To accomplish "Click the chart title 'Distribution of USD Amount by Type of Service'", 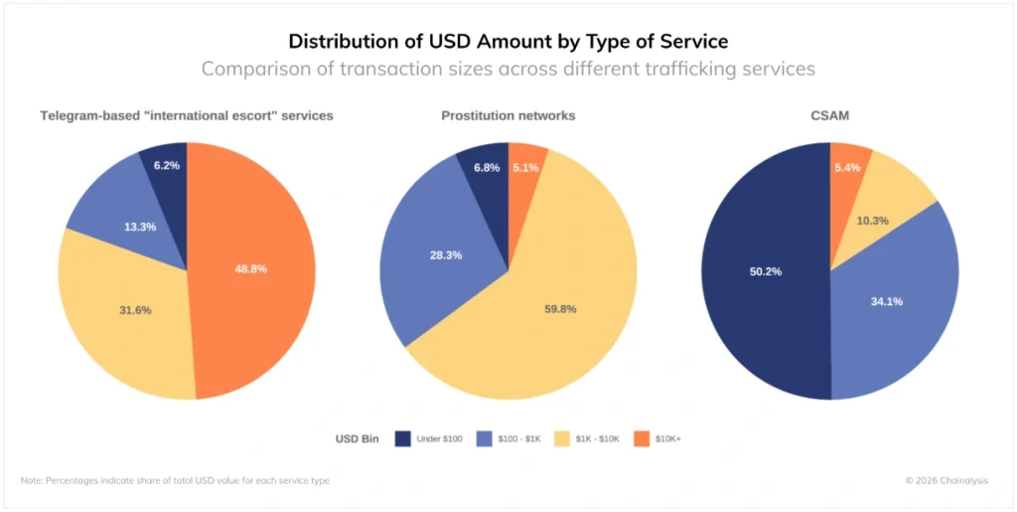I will click(x=508, y=41).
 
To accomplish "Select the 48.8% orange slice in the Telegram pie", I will click(x=250, y=268).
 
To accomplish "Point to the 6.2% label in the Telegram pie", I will click(x=167, y=165).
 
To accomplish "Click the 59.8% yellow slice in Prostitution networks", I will click(x=560, y=308).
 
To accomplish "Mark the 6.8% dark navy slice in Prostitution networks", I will click(x=487, y=168).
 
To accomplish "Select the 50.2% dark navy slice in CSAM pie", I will click(x=765, y=270).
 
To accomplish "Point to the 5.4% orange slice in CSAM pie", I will click(x=846, y=168).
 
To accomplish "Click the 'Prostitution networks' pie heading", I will click(x=508, y=115).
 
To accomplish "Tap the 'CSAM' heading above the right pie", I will click(x=829, y=115).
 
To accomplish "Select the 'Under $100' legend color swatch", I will click(x=402, y=437).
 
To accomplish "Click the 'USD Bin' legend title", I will click(x=357, y=437).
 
